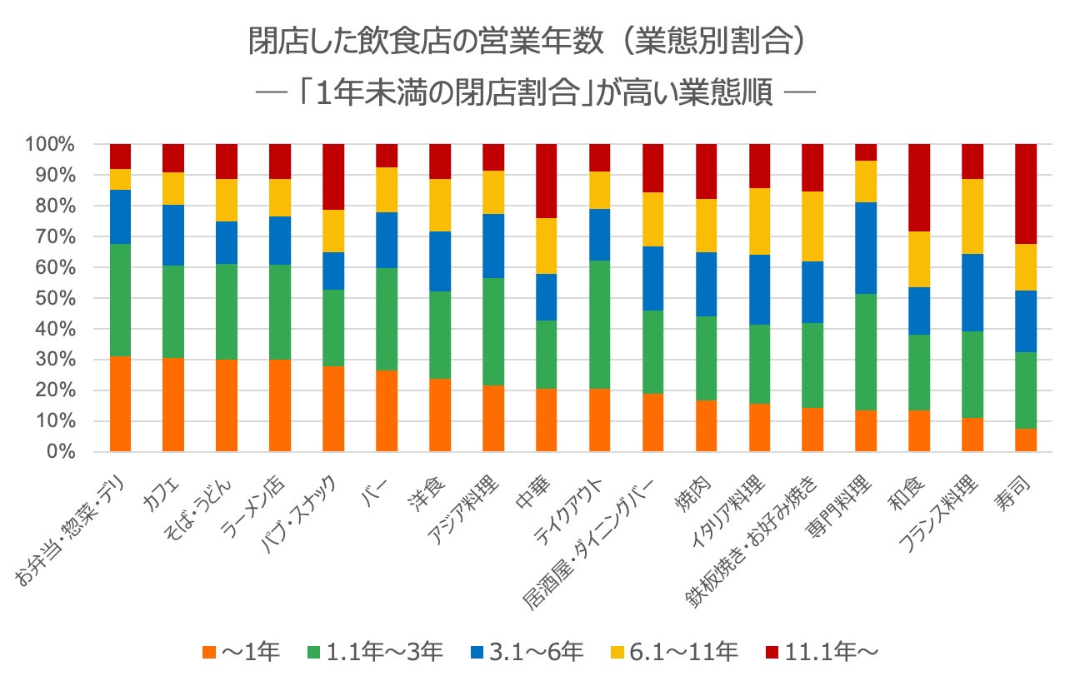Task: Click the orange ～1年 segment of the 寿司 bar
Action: coord(1026,440)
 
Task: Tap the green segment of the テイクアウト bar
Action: coord(599,325)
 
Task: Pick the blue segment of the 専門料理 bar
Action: coord(866,248)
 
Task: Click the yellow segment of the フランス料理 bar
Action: coord(972,216)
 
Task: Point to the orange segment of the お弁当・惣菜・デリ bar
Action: coord(120,404)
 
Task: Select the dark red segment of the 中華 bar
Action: coord(546,181)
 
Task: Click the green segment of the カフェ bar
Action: coord(173,312)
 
